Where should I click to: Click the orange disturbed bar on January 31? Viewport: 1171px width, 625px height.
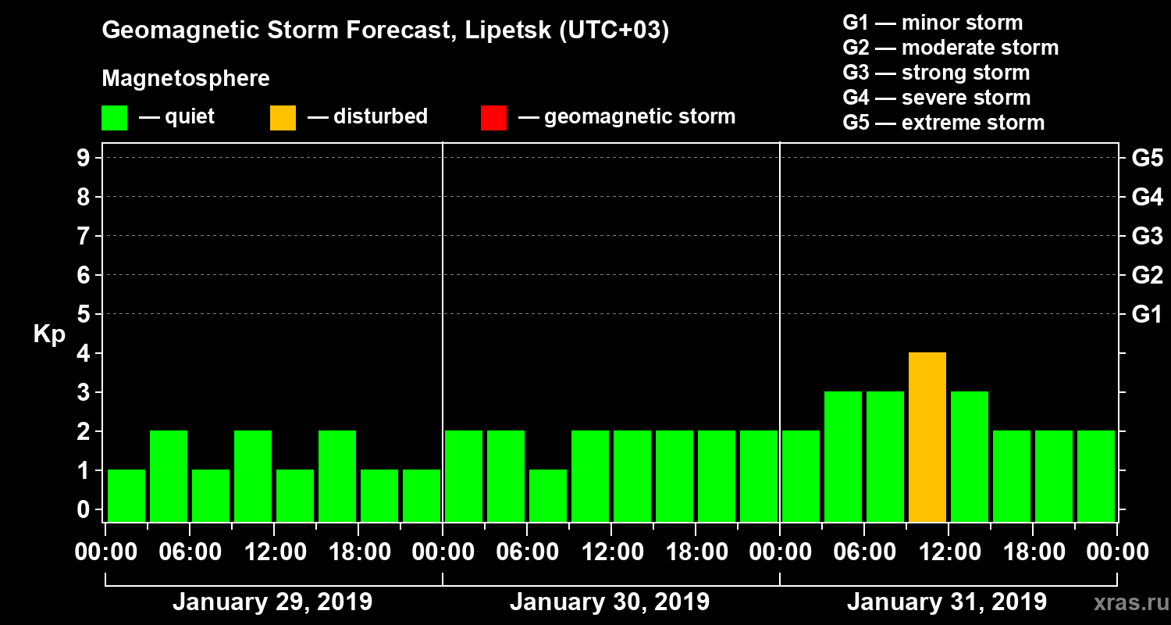pos(927,437)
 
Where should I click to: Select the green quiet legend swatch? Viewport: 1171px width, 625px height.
pos(114,118)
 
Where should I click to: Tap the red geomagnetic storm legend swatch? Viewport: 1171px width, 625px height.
pos(493,118)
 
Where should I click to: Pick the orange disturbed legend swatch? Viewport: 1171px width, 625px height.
pos(283,118)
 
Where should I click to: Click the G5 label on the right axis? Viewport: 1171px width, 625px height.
pos(1147,159)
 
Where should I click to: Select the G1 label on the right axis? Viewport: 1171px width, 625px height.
pos(1147,315)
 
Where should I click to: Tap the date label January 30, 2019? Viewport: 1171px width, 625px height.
pos(610,602)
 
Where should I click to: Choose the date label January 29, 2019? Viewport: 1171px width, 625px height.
pos(272,602)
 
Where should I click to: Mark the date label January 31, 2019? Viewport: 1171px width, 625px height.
pos(947,602)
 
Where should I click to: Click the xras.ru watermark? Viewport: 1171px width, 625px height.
pos(1125,602)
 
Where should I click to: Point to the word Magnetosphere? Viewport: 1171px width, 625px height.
pos(186,79)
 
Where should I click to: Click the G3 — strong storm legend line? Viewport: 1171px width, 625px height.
pos(936,73)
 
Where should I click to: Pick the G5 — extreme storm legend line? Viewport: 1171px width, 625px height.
pos(943,123)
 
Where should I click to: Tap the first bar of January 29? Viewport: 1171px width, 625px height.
pos(126,495)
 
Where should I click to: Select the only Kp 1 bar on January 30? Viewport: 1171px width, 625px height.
pos(548,495)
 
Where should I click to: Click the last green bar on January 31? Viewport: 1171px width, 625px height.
pos(1096,476)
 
